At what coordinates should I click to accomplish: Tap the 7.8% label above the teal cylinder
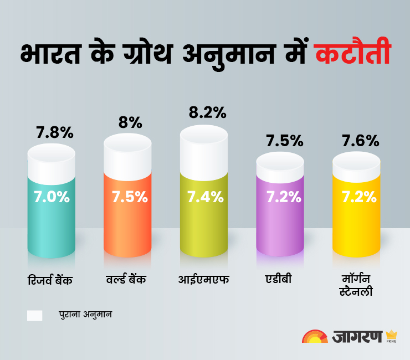55,133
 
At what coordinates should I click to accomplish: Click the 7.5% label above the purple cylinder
284,141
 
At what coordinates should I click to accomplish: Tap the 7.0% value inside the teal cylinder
52,197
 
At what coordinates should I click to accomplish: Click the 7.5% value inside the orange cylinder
129,197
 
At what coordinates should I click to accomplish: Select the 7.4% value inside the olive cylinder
205,197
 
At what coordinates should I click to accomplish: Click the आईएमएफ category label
203,279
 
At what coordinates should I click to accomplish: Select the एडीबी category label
279,279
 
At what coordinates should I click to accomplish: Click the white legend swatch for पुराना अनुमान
35,315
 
